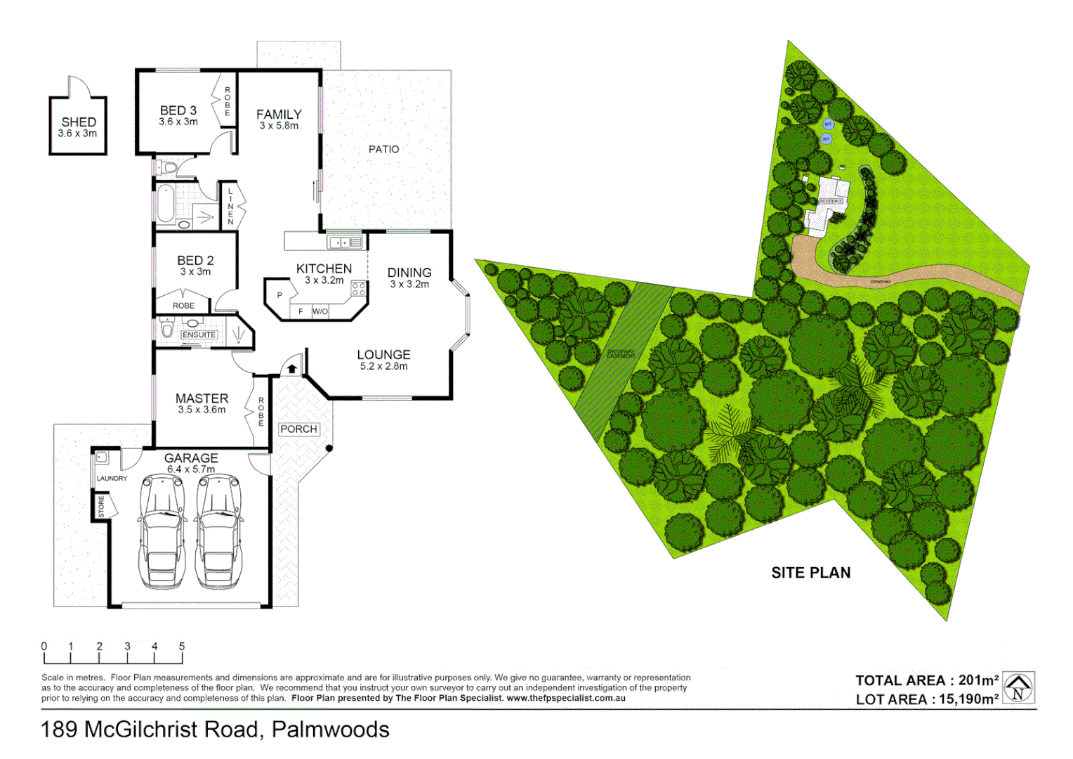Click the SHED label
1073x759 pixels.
click(78, 122)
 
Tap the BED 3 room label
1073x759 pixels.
click(178, 111)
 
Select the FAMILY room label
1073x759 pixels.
click(279, 115)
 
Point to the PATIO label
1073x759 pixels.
click(383, 149)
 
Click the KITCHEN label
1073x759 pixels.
click(324, 268)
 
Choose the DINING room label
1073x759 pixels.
click(409, 273)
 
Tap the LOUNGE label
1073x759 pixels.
click(383, 355)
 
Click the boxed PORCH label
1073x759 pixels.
click(298, 429)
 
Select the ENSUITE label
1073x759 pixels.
click(199, 335)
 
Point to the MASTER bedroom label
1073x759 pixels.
click(202, 398)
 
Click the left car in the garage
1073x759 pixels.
click(162, 531)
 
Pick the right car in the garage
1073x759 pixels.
click(218, 531)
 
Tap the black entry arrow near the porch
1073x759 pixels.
click(291, 368)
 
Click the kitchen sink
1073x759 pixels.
click(340, 242)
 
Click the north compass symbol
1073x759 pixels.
click(1018, 688)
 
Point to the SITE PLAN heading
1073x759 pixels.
click(810, 573)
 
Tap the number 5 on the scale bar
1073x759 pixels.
click(182, 646)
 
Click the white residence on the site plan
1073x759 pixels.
click(829, 204)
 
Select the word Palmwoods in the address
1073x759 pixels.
click(330, 729)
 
